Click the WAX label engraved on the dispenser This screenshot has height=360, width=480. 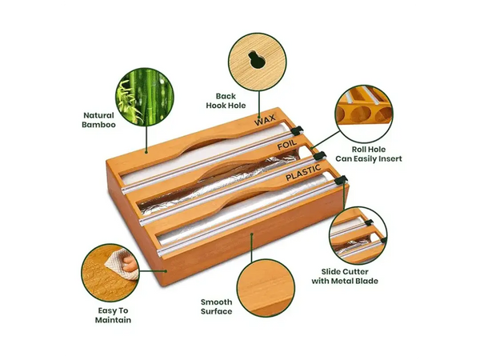[265, 120]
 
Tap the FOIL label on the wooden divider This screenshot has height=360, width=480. [287, 145]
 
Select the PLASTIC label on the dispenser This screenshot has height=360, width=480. [303, 172]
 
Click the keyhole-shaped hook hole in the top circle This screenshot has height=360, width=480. [257, 59]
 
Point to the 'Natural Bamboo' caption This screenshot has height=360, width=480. [98, 120]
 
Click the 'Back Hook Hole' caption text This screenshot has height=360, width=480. [226, 101]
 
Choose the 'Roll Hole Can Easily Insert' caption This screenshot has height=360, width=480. [369, 154]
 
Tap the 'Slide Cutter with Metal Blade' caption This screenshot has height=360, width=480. [345, 276]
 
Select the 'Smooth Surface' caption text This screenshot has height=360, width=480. [217, 306]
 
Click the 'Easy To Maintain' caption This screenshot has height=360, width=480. [113, 315]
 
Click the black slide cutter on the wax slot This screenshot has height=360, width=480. [297, 130]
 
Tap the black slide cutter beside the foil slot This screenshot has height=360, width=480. [319, 155]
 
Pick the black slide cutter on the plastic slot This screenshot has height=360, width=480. [341, 181]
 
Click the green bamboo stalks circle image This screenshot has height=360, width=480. [145, 97]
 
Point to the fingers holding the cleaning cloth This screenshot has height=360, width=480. [130, 263]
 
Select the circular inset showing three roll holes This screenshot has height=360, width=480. [364, 114]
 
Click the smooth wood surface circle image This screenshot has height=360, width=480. [266, 288]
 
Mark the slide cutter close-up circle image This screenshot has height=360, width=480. [358, 235]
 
